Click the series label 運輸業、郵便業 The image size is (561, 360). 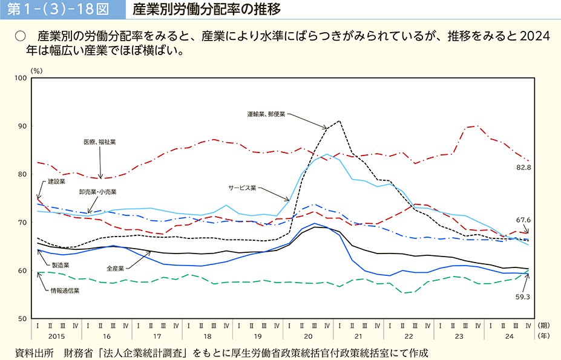(x=266, y=114)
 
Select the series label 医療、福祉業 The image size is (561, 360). (x=100, y=142)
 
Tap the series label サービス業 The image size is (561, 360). (x=242, y=188)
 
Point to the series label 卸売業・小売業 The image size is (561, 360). (x=97, y=192)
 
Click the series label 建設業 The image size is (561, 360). (x=57, y=182)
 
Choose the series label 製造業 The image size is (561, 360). (x=61, y=266)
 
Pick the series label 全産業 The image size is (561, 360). (x=115, y=269)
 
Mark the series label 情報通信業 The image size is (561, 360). (x=65, y=291)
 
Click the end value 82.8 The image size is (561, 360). (x=523, y=168)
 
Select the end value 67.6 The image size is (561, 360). (x=523, y=220)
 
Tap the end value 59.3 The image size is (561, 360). (x=523, y=297)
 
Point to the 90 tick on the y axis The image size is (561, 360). (x=22, y=126)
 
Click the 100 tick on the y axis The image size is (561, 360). (x=21, y=78)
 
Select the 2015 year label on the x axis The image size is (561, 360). (x=56, y=336)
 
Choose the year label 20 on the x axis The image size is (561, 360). (x=308, y=336)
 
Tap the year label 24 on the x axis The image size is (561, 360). (x=509, y=336)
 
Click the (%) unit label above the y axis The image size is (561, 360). (x=36, y=71)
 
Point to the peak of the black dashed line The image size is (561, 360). (x=339, y=121)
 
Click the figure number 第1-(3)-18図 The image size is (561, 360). (x=58, y=10)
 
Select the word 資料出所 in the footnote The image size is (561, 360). (x=34, y=353)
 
